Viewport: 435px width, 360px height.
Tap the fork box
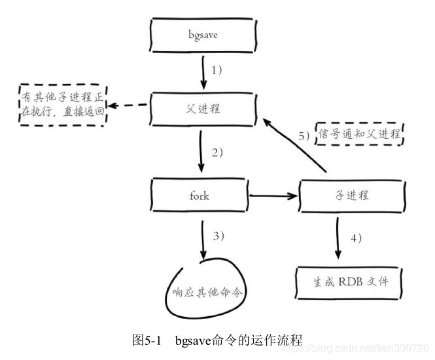pos(200,195)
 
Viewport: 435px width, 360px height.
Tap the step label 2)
pos(217,153)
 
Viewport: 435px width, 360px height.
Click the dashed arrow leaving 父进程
pos(130,106)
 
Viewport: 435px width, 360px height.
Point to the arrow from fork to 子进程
pos(272,195)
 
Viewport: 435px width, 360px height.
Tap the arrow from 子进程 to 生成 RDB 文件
pos(338,238)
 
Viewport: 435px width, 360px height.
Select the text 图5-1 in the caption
pos(147,340)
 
